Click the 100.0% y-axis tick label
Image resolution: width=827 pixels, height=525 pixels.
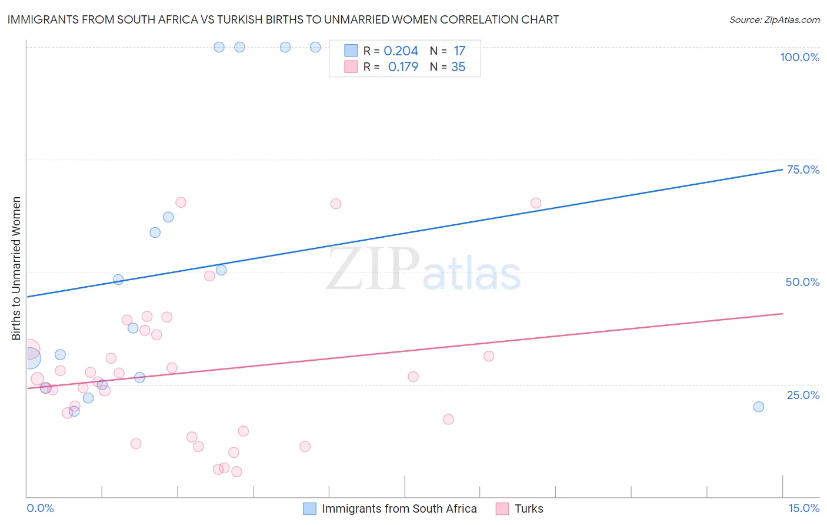coord(799,57)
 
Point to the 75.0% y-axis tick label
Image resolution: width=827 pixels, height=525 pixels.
coord(803,170)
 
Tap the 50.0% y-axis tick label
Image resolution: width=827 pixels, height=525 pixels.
coord(802,282)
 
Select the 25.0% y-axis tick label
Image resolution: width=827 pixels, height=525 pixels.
coord(803,395)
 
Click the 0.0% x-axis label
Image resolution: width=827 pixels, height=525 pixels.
coord(40,508)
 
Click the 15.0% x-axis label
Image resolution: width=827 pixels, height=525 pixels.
coord(803,508)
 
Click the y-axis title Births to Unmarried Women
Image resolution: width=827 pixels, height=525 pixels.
coord(16,268)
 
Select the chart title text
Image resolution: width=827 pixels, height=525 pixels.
coord(283,19)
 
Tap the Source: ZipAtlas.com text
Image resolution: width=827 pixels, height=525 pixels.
coord(774,19)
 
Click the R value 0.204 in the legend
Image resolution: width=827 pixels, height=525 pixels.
coord(401,51)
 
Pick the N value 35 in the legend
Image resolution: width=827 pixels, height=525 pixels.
coord(458,67)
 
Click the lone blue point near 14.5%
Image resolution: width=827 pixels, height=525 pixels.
coord(758,407)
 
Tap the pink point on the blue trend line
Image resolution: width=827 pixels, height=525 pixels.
coord(536,203)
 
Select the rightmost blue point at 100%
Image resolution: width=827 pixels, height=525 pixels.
coord(315,47)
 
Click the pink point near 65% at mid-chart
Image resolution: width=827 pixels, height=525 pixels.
coord(336,204)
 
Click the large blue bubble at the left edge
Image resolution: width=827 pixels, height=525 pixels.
coord(30,357)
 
